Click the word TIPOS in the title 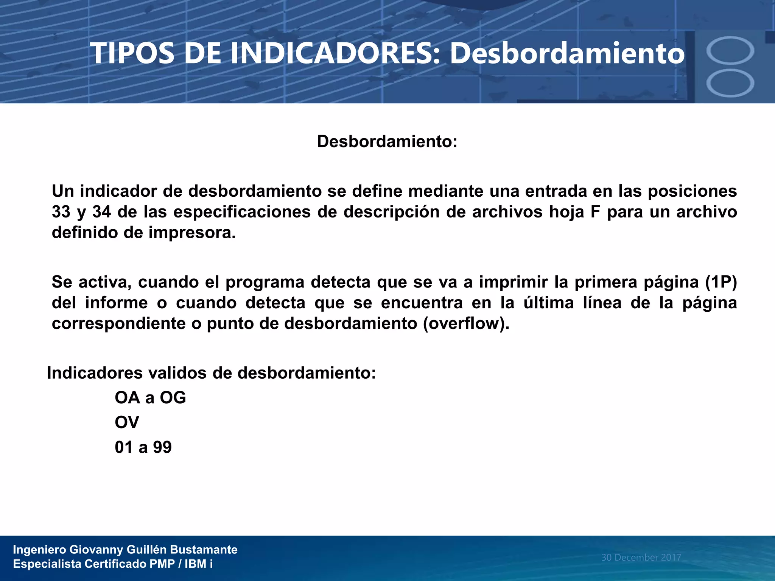point(132,53)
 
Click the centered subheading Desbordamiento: point(387,141)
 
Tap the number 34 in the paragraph point(101,212)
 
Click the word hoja point(565,212)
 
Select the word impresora point(192,232)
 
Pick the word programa point(265,282)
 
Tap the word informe point(116,303)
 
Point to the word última point(548,303)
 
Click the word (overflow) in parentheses point(466,323)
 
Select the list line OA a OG point(150,398)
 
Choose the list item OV point(127,422)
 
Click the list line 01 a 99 point(143,447)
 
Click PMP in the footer point(162,564)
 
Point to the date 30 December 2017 point(641,557)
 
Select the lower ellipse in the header point(730,83)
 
